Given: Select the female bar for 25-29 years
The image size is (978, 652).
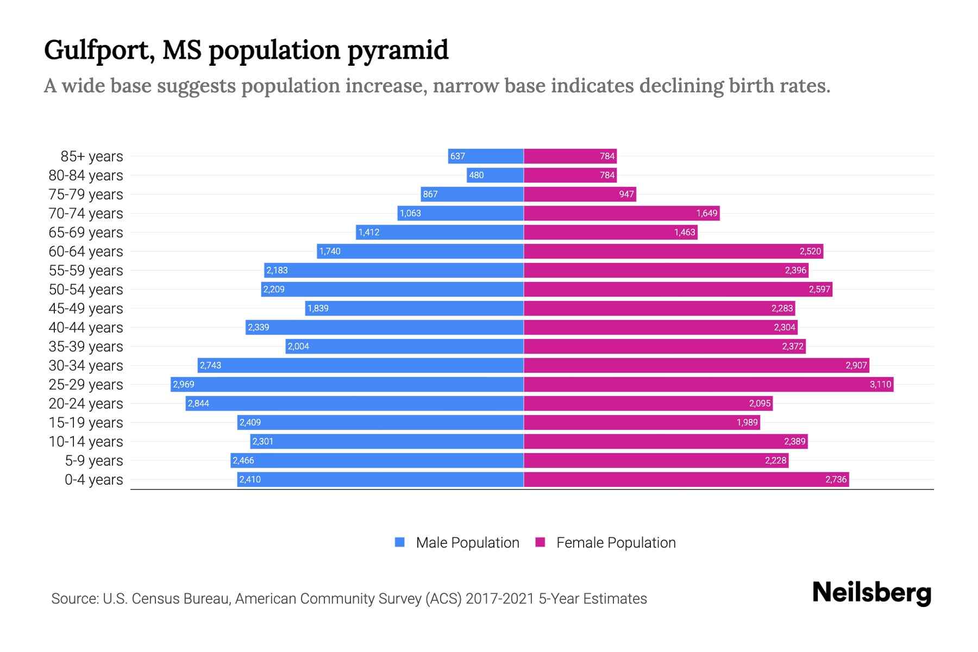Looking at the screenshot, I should click(709, 385).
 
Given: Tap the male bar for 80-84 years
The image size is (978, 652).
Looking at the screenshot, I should click(495, 175).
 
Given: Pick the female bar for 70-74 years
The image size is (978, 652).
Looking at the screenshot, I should click(622, 214).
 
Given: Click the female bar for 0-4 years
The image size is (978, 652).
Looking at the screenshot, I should click(686, 480).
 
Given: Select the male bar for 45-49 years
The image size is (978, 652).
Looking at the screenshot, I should click(414, 309).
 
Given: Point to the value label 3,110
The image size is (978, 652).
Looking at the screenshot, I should click(880, 385).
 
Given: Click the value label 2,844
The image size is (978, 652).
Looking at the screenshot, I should click(198, 404).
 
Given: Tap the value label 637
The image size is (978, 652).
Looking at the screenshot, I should click(457, 156).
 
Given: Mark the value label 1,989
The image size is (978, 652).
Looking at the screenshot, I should click(747, 423).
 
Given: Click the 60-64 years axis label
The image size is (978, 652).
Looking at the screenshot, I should click(86, 252).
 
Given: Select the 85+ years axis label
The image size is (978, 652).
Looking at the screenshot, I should click(92, 156).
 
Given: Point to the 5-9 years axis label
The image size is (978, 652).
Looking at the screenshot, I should click(94, 461).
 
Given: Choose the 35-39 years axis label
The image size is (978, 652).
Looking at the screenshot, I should click(86, 347).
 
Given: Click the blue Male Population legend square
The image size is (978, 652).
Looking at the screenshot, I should click(400, 542).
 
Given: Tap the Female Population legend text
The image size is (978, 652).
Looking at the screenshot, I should click(616, 543).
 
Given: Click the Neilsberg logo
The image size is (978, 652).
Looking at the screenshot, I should click(872, 593).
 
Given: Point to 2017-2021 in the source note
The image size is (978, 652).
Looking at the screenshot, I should click(500, 599).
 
